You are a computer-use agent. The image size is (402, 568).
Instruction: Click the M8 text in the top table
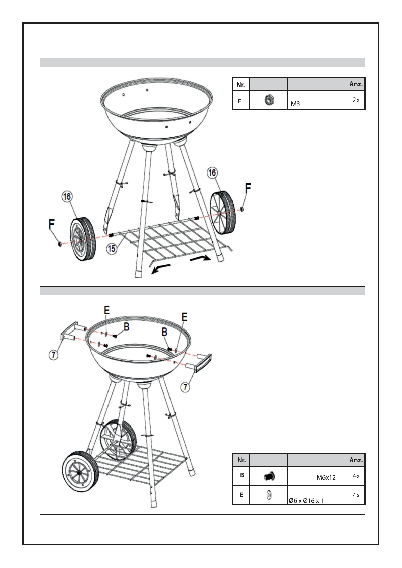click(296, 104)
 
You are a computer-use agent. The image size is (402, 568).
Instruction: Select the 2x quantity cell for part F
click(356, 100)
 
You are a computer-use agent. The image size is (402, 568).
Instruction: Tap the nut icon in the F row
click(268, 100)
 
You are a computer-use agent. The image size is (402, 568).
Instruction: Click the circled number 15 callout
click(112, 249)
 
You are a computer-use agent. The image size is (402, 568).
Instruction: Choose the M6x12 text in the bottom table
click(326, 478)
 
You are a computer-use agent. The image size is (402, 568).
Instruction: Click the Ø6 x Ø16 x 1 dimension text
click(306, 501)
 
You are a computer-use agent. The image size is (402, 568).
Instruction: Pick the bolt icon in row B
click(269, 476)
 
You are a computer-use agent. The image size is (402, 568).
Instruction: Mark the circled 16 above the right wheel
click(212, 173)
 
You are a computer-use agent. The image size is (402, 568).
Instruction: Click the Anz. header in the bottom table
click(356, 460)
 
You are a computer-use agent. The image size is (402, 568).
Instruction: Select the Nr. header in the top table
click(241, 84)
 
